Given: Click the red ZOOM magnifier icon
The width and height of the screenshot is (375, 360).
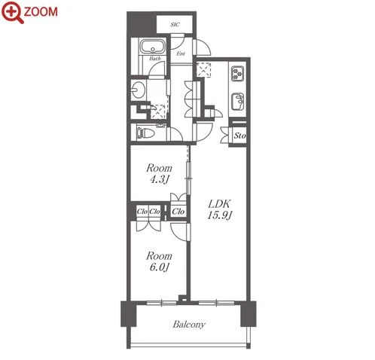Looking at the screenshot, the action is click(13, 12).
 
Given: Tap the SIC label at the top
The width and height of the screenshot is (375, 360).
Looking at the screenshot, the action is click(175, 25).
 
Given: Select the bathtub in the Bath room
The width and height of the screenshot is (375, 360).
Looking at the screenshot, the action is click(153, 46).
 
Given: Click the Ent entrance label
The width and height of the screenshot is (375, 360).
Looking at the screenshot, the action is click(181, 53).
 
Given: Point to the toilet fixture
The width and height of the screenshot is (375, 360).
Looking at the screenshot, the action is click(145, 133).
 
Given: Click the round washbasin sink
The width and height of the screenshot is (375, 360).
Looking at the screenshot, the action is click(138, 89).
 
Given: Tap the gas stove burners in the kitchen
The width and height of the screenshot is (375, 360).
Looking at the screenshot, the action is click(238, 74).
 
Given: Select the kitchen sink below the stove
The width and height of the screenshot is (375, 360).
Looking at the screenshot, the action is click(238, 102).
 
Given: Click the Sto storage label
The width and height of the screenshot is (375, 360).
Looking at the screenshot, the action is click(239, 136).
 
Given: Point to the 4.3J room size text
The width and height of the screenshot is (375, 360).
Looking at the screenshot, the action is click(159, 179).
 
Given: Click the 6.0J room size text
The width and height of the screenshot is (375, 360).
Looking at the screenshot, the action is click(159, 267).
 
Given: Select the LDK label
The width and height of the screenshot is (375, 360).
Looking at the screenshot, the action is click(219, 204).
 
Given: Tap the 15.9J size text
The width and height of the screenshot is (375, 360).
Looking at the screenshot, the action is click(219, 215).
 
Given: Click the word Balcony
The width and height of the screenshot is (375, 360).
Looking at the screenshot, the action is click(189, 325).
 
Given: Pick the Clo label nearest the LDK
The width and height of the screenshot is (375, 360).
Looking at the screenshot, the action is click(178, 212).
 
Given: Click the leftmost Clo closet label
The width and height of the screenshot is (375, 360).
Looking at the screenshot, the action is click(142, 212).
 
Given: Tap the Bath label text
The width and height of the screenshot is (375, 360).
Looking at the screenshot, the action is click(155, 59).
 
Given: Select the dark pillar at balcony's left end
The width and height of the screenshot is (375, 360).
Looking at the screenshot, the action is click(129, 314).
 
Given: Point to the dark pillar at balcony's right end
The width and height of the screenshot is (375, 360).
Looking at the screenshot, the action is click(248, 314).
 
